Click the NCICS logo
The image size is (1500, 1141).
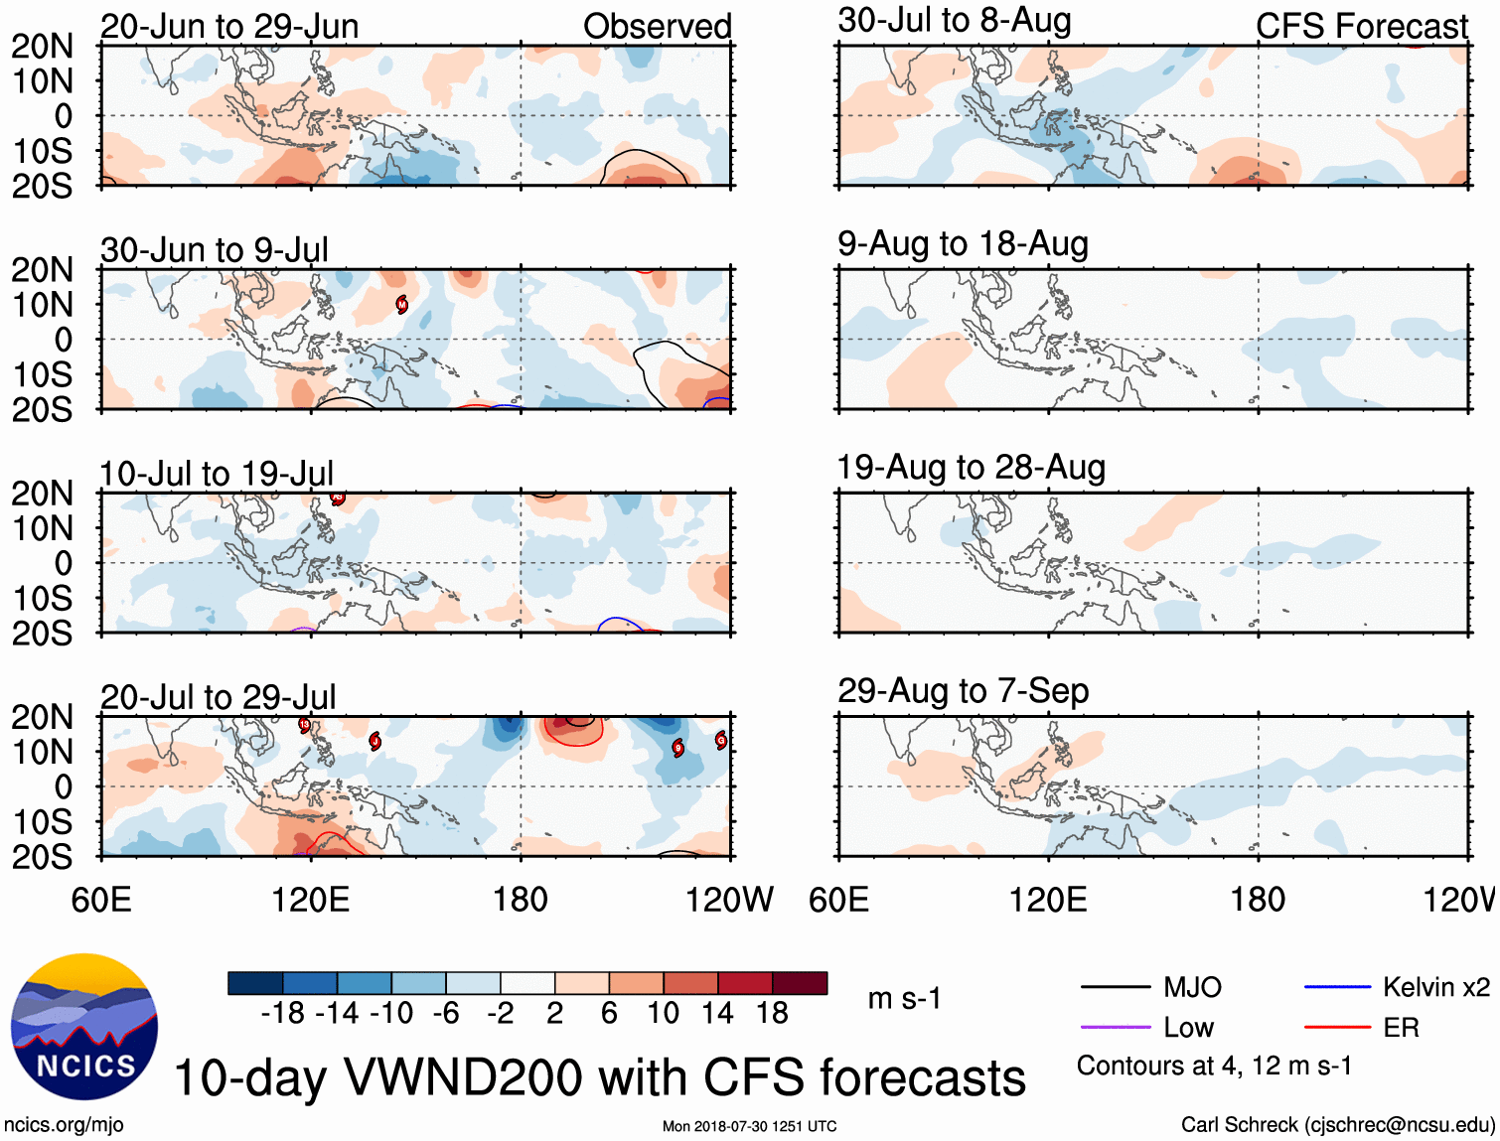pos(83,1027)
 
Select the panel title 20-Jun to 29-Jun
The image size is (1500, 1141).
pos(229,27)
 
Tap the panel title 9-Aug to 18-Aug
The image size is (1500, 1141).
pos(963,244)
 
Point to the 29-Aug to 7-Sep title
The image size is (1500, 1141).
pos(963,691)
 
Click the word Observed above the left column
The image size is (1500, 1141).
pos(657,27)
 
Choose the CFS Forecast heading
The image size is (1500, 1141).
pos(1361,27)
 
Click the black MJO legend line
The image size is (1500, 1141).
pos(1115,987)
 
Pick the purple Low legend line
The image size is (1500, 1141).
pos(1115,1028)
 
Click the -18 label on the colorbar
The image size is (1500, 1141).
pos(282,1013)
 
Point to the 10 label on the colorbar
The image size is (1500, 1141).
pos(663,1013)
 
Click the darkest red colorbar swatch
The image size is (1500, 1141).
pos(800,983)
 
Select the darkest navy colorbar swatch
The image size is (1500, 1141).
pos(255,983)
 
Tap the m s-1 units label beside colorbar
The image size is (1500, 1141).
pos(904,998)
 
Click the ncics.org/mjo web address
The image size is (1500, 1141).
pos(64,1125)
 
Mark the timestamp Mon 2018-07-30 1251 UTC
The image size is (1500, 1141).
pos(749,1126)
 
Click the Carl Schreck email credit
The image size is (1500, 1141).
pos(1337,1125)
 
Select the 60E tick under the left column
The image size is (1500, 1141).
pos(101,900)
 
